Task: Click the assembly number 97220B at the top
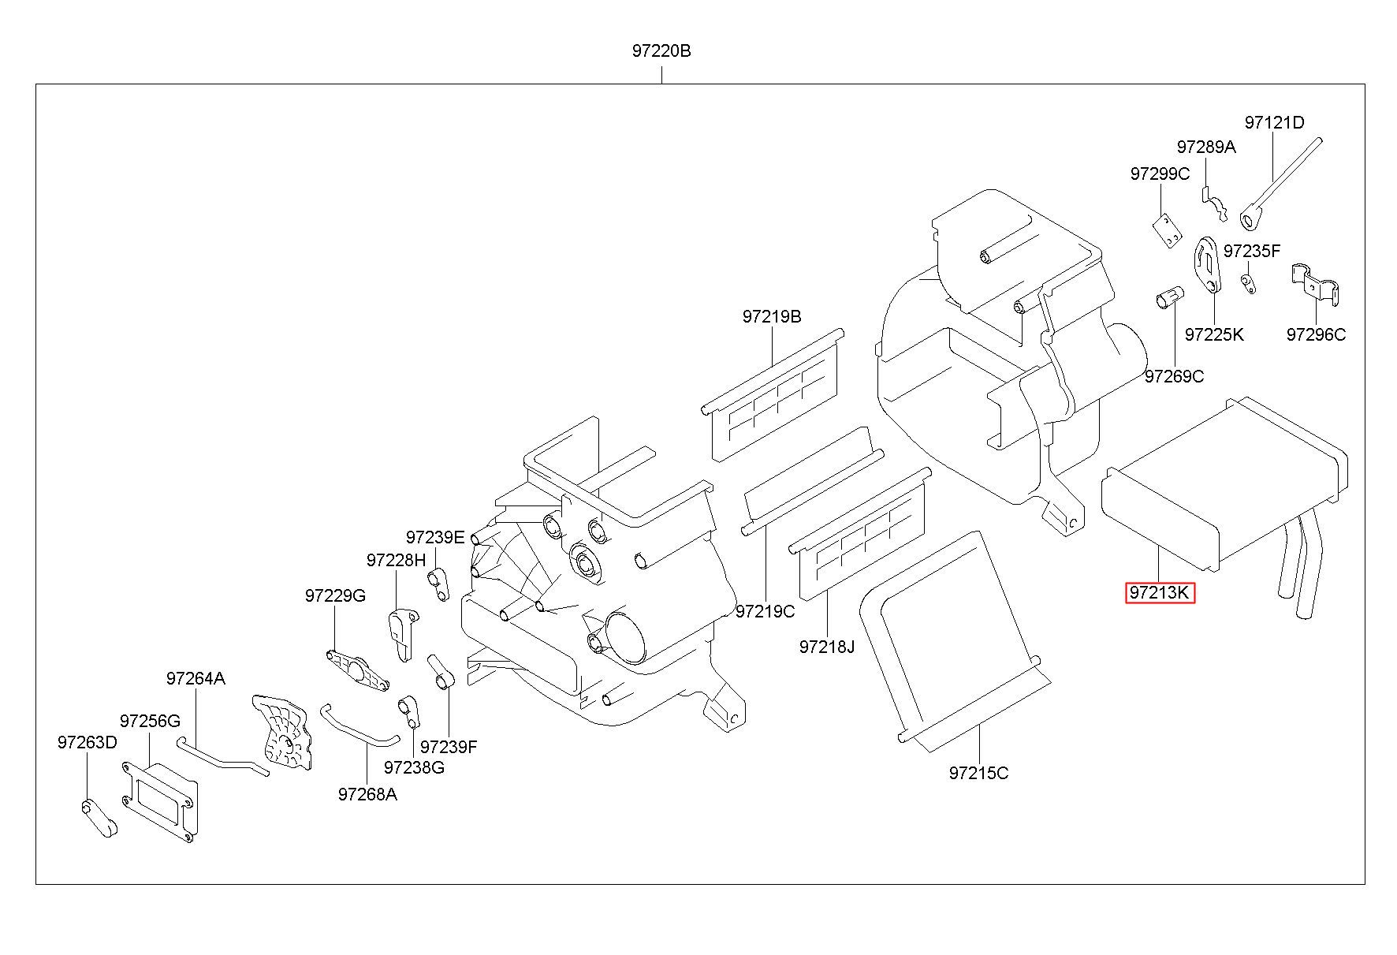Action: point(661,51)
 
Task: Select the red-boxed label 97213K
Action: point(1160,592)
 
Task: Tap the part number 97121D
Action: point(1274,123)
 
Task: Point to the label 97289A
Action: point(1206,147)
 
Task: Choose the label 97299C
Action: point(1160,174)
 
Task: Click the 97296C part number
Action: point(1316,334)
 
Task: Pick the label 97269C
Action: point(1174,376)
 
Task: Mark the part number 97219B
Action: point(771,316)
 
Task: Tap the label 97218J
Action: point(826,647)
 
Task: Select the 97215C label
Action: point(978,773)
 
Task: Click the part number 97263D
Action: point(87,742)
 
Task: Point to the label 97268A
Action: point(367,794)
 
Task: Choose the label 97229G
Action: point(335,596)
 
